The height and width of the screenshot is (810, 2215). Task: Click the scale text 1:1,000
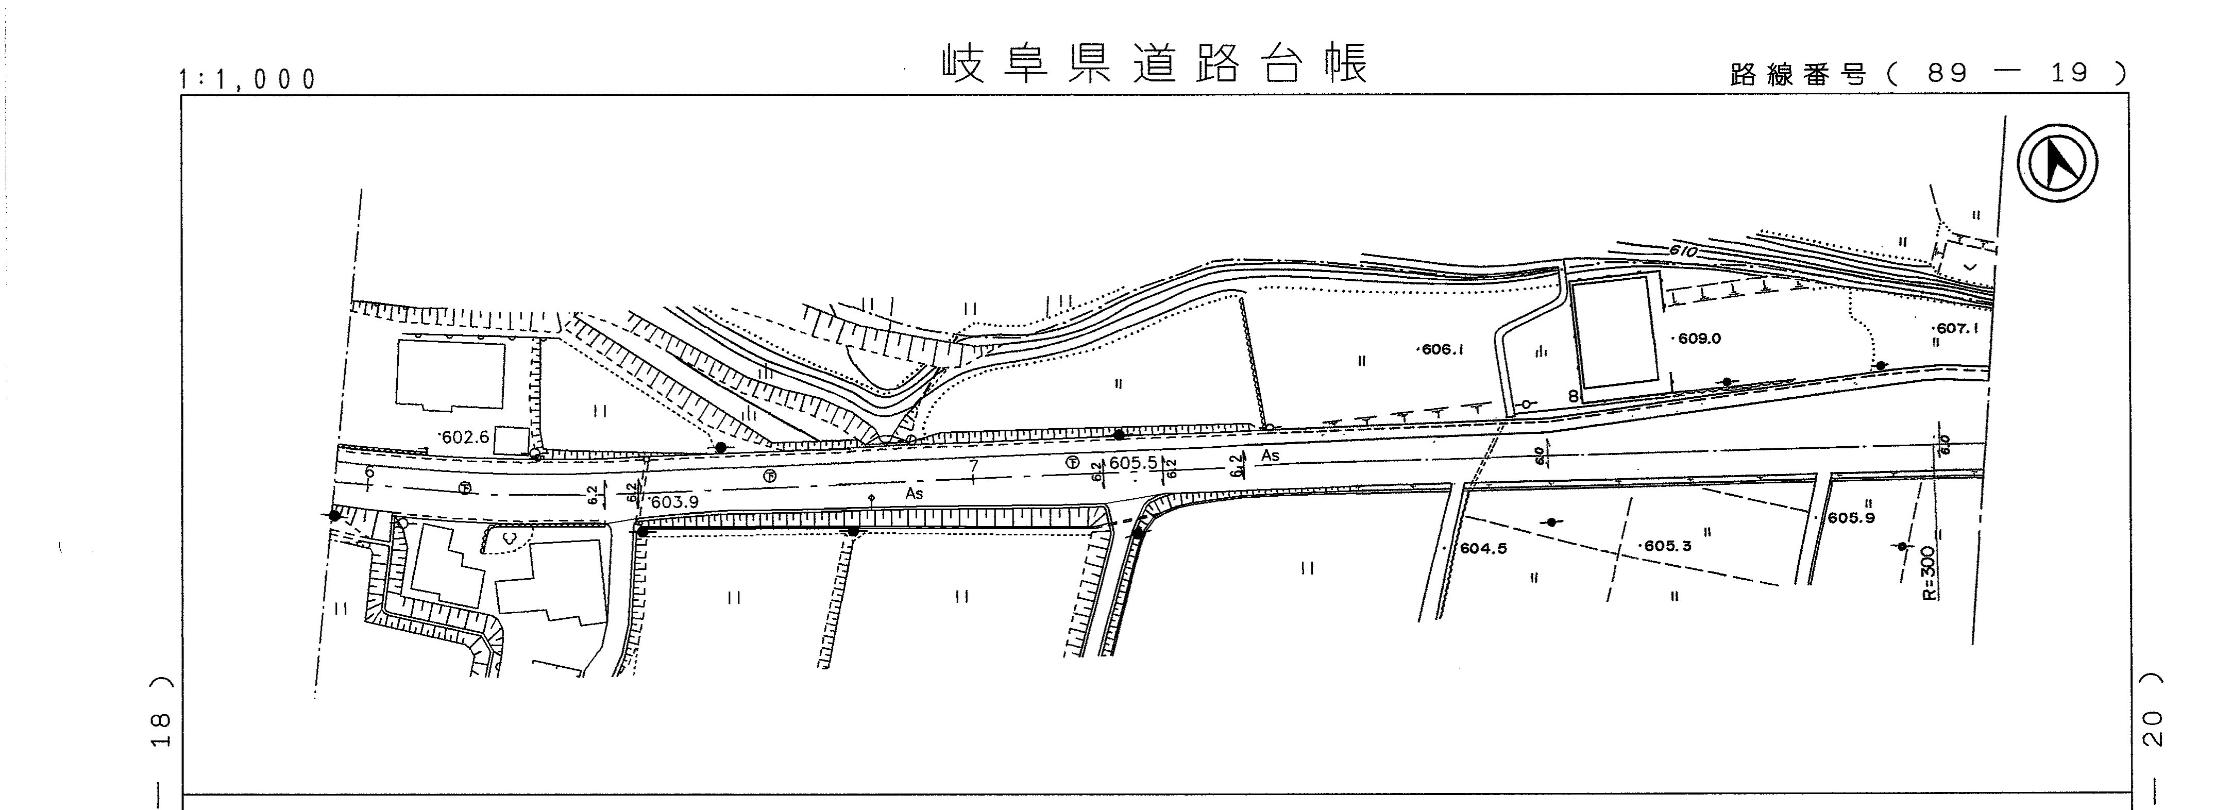(x=248, y=80)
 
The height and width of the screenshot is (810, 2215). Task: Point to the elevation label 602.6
(x=464, y=437)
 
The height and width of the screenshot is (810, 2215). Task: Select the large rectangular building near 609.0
(x=1616, y=333)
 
